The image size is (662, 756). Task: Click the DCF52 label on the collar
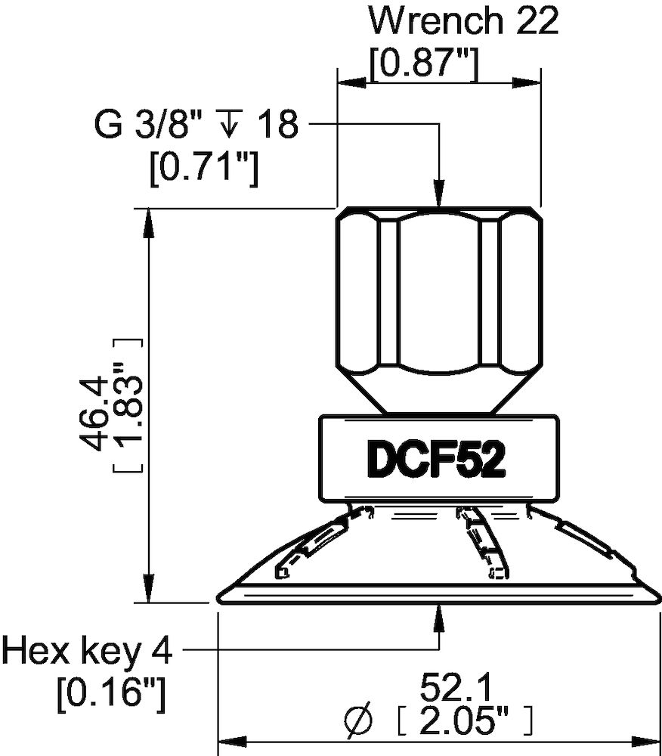[436, 458]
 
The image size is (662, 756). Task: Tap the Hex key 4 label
[88, 650]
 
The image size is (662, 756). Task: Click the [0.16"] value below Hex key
[111, 692]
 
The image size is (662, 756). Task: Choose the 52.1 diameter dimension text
[457, 689]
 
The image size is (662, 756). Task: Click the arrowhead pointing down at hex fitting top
[438, 195]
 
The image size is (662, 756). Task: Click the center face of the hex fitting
[438, 291]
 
